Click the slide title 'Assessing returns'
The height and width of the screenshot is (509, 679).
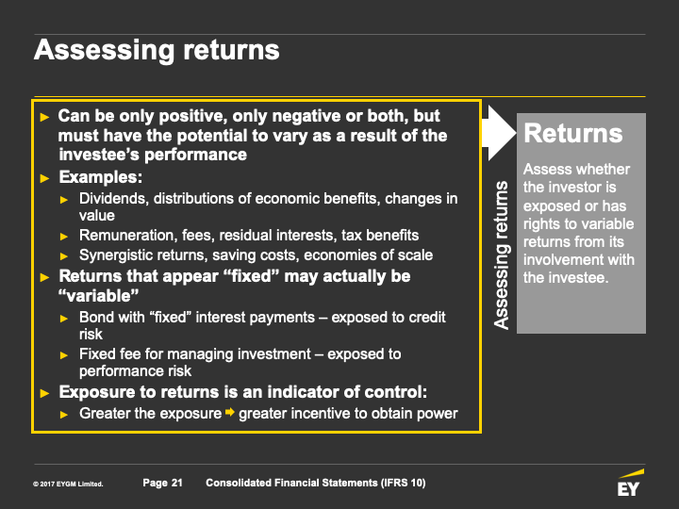tap(157, 51)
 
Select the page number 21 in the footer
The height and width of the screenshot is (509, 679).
tap(177, 483)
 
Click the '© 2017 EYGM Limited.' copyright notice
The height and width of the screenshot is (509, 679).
tap(68, 484)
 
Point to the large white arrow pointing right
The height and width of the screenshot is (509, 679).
tap(499, 133)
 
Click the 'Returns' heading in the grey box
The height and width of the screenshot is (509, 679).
tap(573, 133)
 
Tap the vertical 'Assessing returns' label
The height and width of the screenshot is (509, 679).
tap(502, 254)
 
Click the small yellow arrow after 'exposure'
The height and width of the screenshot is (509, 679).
tap(230, 412)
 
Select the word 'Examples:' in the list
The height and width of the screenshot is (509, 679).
tap(101, 177)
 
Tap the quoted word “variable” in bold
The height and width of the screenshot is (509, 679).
tap(98, 296)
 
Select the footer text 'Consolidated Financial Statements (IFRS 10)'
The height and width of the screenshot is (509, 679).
tap(316, 483)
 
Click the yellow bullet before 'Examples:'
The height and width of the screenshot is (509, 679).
tap(44, 178)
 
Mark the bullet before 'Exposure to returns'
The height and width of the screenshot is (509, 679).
tap(44, 393)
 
